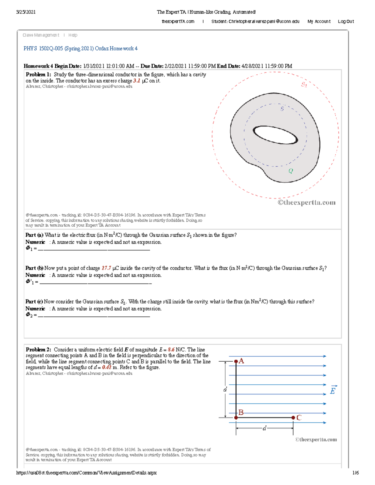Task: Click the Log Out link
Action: point(346,22)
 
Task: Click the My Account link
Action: point(319,22)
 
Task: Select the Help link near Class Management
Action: point(73,35)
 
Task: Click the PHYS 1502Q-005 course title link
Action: point(80,48)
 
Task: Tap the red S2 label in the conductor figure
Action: point(304,84)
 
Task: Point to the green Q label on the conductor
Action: point(291,171)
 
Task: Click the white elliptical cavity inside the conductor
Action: point(275,135)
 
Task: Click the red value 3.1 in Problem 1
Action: point(137,81)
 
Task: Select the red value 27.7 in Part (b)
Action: point(106,268)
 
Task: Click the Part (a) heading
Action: point(34,235)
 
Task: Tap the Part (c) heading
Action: point(34,301)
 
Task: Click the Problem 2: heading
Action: point(38,349)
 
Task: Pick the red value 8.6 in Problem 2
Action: point(171,349)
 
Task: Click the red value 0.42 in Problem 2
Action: point(107,367)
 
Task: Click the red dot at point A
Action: point(236,361)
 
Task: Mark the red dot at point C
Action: point(293,418)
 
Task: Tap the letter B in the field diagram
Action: point(241,412)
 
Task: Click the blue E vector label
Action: point(333,390)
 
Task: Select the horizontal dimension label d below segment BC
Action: point(264,428)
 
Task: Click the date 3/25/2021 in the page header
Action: point(26,12)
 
